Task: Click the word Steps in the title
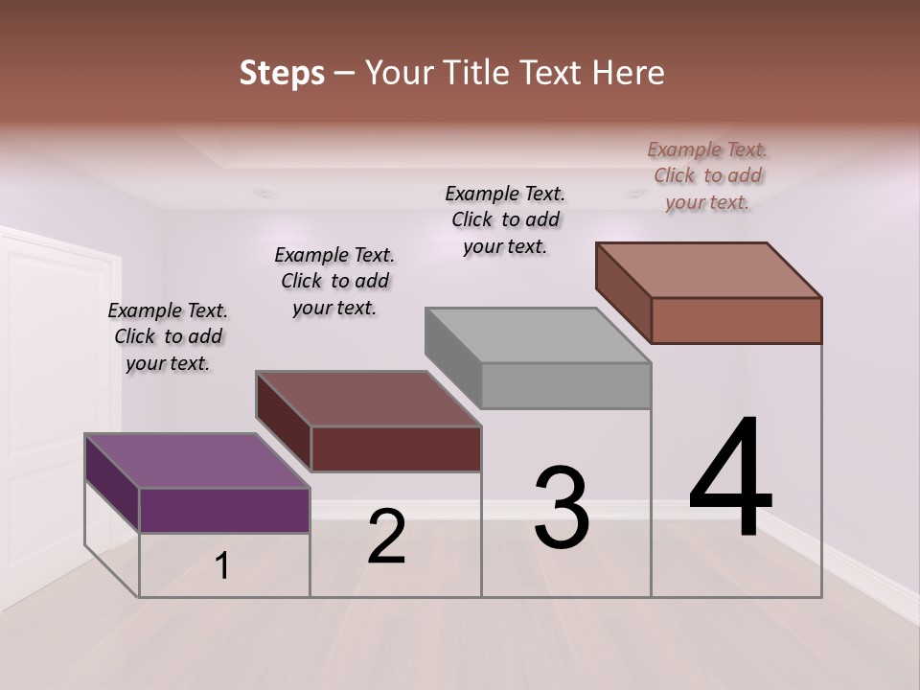[282, 73]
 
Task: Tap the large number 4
[730, 478]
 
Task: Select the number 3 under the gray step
[562, 508]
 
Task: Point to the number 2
[386, 537]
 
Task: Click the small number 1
[222, 566]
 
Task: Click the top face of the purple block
[196, 461]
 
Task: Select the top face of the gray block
[537, 335]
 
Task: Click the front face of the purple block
[224, 510]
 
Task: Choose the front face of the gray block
[565, 385]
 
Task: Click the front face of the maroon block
[396, 448]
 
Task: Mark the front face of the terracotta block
[736, 320]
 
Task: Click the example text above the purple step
[168, 336]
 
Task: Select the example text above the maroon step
[334, 281]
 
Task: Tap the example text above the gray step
[505, 219]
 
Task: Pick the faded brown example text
[707, 175]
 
